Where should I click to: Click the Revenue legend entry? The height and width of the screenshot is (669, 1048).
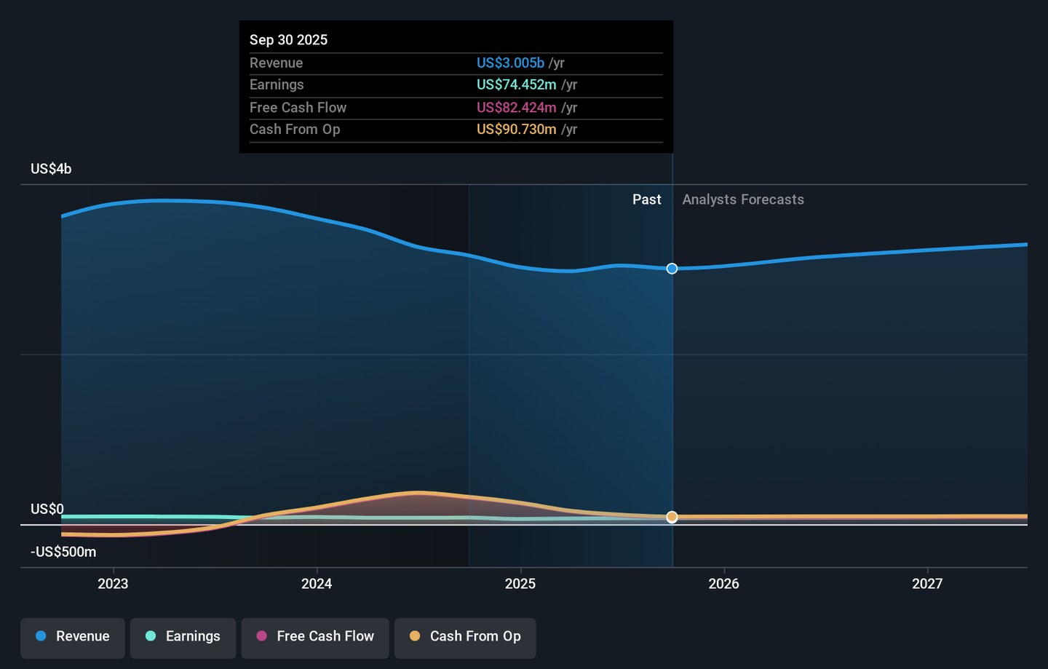tap(73, 636)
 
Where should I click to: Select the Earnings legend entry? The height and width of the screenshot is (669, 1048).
tap(183, 636)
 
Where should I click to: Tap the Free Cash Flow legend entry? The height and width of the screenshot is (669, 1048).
tap(315, 636)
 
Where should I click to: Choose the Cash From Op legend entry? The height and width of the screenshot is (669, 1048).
tap(465, 636)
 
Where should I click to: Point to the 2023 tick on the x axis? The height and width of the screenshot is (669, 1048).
tap(113, 584)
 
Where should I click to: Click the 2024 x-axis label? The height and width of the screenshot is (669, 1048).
tap(317, 584)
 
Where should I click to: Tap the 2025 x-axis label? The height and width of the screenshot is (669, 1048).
tap(520, 584)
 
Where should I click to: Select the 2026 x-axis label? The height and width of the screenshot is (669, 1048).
tap(723, 584)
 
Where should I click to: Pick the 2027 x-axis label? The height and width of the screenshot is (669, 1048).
tap(927, 584)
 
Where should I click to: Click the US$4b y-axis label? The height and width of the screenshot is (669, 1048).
tap(51, 169)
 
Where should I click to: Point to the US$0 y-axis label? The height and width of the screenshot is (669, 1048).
tap(47, 509)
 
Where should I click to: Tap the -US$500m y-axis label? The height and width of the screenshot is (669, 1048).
tap(63, 552)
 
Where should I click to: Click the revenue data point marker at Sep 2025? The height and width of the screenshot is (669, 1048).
tap(672, 269)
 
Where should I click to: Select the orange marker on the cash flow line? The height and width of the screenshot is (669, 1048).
tap(672, 517)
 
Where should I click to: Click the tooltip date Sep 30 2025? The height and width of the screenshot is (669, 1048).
tap(288, 40)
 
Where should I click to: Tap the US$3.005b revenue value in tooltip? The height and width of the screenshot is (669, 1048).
tap(510, 63)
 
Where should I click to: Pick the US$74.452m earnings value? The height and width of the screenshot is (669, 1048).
tap(516, 85)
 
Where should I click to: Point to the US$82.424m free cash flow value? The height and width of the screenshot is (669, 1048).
tap(516, 108)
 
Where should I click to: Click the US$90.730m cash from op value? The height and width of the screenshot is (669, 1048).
tap(516, 130)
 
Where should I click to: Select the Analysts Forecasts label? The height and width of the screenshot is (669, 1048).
tap(743, 199)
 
